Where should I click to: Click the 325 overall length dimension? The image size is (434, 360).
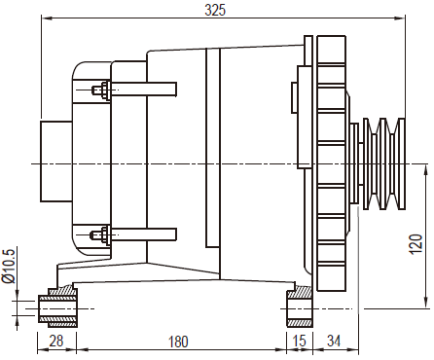(x=215, y=10)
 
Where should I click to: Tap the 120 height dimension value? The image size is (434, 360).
(x=416, y=244)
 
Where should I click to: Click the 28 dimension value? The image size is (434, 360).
(x=56, y=341)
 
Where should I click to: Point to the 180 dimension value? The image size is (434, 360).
(x=178, y=342)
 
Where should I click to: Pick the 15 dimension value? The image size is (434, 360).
(x=300, y=341)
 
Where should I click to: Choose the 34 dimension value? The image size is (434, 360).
(x=334, y=341)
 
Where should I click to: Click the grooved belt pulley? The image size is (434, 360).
(x=384, y=163)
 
